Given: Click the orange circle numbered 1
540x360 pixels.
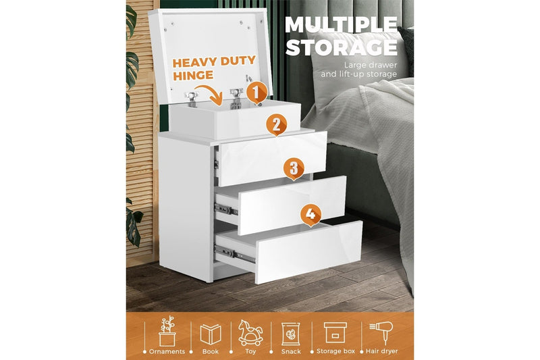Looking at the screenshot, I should click(x=255, y=91).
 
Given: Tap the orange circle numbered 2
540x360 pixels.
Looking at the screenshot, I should click(x=275, y=124).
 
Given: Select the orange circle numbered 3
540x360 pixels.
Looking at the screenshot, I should click(x=293, y=169).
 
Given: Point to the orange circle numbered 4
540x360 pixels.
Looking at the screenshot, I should click(x=310, y=215).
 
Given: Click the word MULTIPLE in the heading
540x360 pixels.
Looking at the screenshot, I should click(x=340, y=24).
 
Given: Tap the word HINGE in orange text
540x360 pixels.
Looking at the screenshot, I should click(x=192, y=76).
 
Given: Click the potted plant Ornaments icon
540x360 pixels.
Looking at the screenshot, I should click(x=167, y=332).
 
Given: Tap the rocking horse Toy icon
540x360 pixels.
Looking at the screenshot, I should click(x=250, y=333).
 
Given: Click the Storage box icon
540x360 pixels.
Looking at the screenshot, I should click(x=335, y=332).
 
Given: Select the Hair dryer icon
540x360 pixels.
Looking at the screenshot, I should click(x=381, y=333).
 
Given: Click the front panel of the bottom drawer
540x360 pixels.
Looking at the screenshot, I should click(x=308, y=251).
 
